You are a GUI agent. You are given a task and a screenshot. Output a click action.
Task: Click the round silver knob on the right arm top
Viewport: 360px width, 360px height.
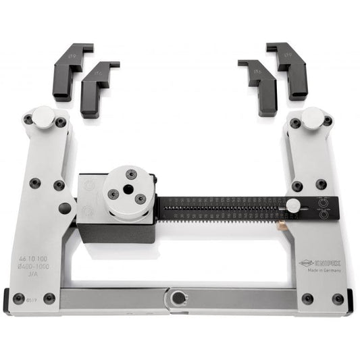click(312, 117)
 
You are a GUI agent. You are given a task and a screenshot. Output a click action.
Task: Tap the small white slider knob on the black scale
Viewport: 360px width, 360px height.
click(293, 205)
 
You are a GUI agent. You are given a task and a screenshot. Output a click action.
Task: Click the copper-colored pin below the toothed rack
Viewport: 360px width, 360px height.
click(278, 221)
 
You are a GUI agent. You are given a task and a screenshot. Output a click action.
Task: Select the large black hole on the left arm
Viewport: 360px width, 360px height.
click(65, 208)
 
